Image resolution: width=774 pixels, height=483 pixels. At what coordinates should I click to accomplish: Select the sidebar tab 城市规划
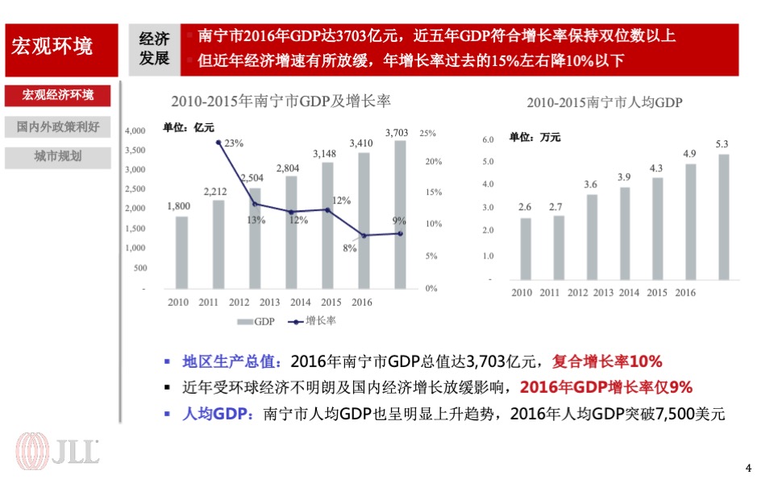pos(58,156)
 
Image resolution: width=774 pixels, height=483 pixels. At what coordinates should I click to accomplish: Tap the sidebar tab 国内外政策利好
pos(58,126)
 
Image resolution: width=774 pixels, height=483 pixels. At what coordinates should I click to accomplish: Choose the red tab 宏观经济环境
pos(58,95)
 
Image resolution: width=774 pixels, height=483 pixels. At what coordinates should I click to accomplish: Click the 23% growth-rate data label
pos(234,143)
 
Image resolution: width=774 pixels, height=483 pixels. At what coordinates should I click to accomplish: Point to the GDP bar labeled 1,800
pos(181,251)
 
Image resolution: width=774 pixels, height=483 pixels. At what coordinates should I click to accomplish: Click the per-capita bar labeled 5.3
pos(723,217)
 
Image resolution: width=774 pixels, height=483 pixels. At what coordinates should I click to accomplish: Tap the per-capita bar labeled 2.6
pos(526,250)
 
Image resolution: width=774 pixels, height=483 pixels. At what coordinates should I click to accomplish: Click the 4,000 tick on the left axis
pos(135,130)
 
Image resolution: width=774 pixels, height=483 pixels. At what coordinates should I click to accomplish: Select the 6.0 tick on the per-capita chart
pos(487,140)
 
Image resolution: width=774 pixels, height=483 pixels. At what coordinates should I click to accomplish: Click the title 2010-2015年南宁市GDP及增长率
pos(280,101)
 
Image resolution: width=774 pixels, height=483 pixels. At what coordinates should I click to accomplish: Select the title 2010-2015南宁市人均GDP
pos(605,102)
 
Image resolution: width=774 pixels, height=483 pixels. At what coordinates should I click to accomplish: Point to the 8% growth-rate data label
pos(349,248)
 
